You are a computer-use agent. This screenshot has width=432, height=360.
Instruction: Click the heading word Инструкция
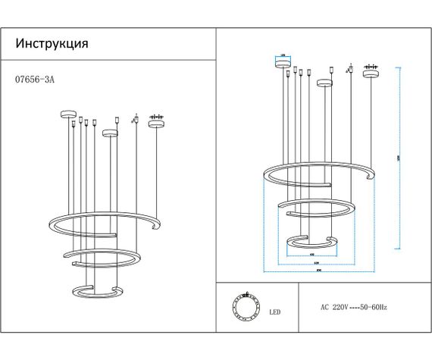tap(52, 43)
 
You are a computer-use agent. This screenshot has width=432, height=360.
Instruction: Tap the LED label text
tap(275, 311)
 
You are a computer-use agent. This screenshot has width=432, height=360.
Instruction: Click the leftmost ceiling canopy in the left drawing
tap(67, 114)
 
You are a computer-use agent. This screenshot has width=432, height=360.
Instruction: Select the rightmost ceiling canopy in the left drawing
tap(156, 124)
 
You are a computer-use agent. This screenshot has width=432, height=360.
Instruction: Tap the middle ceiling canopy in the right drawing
tap(325, 83)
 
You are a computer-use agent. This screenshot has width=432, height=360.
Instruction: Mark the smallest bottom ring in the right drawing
tap(310, 243)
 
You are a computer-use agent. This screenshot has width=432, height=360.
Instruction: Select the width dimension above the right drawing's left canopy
tap(282, 55)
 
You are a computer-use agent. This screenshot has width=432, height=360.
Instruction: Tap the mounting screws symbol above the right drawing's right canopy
tap(371, 65)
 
